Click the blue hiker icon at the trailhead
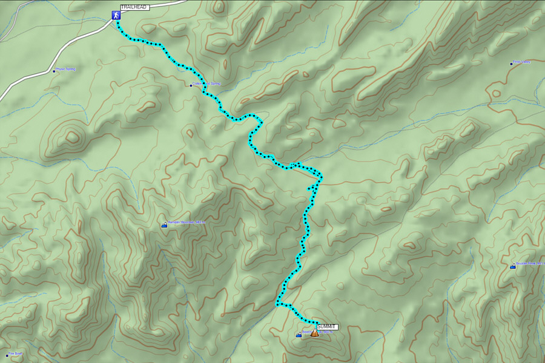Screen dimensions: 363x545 114,15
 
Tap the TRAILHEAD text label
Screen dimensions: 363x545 134,7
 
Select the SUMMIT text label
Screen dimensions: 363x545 326,327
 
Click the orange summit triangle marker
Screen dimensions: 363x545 314,333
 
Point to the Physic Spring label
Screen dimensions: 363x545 65,69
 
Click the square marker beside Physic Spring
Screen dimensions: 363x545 53,70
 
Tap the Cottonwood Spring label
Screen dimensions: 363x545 207,84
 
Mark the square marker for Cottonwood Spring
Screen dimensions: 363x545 191,85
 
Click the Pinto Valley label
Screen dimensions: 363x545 521,62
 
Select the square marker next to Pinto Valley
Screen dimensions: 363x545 510,63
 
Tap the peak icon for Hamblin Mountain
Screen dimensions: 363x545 164,225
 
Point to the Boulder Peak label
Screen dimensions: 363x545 530,264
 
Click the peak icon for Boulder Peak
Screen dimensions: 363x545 513,266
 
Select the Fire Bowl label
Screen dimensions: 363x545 16,354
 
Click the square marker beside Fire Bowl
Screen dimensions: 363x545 7,355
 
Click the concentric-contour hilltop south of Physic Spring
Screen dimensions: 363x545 72,137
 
